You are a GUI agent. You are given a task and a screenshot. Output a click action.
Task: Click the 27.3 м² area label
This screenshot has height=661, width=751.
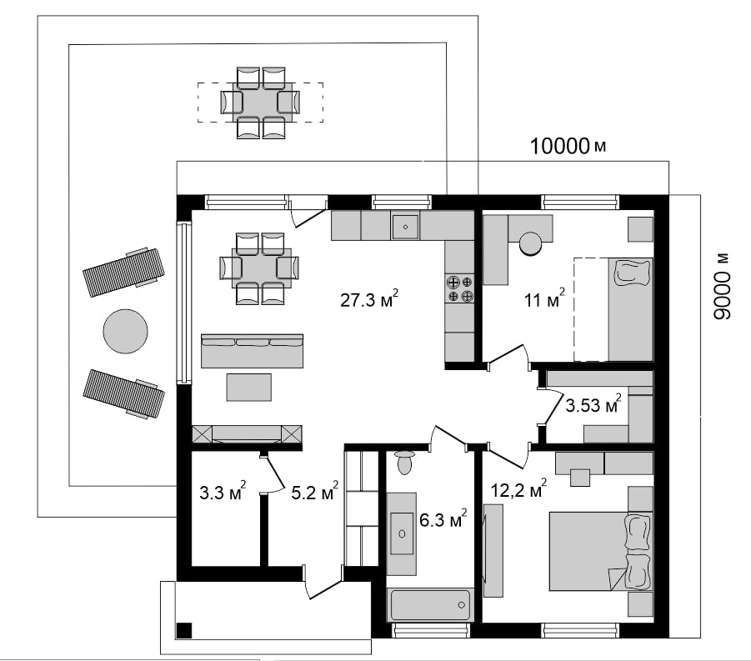tap(369, 299)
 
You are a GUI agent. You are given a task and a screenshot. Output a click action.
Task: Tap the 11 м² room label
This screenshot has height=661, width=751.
tap(544, 299)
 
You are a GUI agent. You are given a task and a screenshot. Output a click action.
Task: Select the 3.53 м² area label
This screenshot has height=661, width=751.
tap(593, 404)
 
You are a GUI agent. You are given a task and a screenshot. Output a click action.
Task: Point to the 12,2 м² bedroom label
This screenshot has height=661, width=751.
tap(518, 489)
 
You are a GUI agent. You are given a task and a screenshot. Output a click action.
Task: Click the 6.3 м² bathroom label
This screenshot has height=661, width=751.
tap(443, 518)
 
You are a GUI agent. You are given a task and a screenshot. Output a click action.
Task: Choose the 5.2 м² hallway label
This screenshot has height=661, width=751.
tap(315, 491)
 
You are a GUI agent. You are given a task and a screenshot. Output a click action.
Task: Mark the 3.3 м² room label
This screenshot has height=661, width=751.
tap(223, 491)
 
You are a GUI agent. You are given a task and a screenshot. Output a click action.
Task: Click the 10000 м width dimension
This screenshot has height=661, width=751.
tap(568, 146)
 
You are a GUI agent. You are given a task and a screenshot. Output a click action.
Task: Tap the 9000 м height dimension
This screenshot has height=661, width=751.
tap(721, 287)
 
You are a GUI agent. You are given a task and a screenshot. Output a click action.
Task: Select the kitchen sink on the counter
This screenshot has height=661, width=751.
tap(405, 226)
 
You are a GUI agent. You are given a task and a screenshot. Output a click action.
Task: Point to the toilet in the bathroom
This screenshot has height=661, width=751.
tap(405, 462)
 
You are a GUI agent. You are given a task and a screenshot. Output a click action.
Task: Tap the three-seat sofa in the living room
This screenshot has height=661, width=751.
tap(252, 351)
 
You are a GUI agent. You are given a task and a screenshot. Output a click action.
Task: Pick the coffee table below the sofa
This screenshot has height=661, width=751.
tap(249, 387)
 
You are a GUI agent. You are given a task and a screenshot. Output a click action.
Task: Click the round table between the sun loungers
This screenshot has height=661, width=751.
tap(126, 331)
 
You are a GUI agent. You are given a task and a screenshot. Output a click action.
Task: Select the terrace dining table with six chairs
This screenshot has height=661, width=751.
tap(261, 103)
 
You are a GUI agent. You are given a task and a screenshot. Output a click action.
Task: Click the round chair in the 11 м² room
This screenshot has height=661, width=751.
tap(531, 244)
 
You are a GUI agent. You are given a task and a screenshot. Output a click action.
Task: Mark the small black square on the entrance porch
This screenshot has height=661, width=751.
tap(184, 630)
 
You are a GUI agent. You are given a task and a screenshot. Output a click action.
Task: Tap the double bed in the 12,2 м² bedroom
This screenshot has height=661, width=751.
tap(601, 551)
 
